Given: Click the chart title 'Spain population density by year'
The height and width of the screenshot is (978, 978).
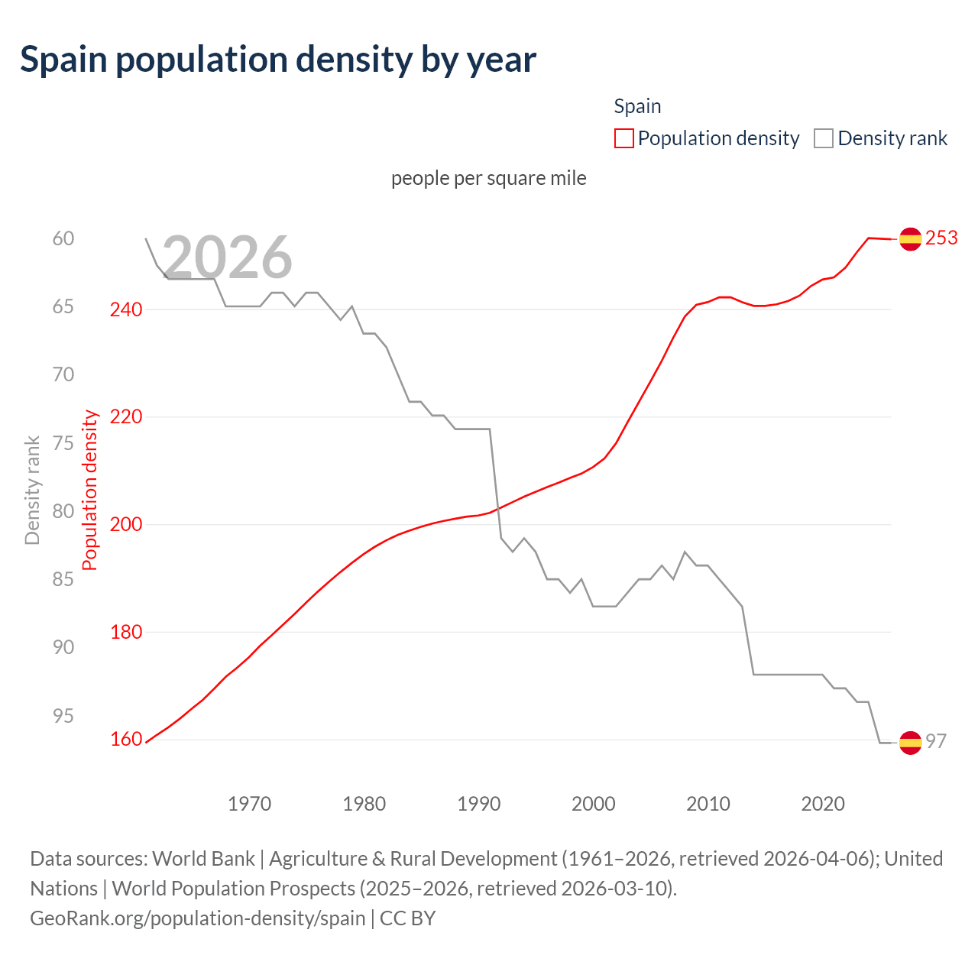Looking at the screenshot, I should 278,60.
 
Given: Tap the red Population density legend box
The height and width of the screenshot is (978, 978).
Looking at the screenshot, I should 624,138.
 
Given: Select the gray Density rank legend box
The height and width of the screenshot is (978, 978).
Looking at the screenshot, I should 824,138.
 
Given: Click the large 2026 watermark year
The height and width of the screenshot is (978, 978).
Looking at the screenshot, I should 227,257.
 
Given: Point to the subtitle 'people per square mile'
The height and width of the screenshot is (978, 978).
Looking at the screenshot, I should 489,178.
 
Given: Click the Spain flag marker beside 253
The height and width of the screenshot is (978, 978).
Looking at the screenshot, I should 910,239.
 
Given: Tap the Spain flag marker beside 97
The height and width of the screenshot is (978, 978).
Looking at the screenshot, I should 910,742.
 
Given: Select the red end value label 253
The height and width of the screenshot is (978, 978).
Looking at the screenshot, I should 941,238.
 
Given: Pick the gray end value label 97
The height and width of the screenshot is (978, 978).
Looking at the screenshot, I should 936,741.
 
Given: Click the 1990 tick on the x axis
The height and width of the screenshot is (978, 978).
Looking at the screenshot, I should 479,804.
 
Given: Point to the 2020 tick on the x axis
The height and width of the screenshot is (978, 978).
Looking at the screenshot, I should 823,804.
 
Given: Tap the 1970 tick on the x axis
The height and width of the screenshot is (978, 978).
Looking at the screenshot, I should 250,804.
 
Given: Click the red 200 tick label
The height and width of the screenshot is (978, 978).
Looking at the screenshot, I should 126,524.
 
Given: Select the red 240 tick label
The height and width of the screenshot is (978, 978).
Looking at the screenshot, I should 126,309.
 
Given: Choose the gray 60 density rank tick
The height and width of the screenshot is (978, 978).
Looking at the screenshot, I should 63,238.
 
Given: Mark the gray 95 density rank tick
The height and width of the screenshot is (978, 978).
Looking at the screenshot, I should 63,716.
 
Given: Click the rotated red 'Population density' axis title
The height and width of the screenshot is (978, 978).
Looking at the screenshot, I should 90,491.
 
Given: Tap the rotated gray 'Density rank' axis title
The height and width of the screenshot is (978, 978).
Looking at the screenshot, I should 32,491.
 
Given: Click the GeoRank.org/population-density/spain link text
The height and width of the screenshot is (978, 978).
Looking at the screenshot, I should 198,918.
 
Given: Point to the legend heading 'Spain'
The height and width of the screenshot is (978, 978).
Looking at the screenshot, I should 637,106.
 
